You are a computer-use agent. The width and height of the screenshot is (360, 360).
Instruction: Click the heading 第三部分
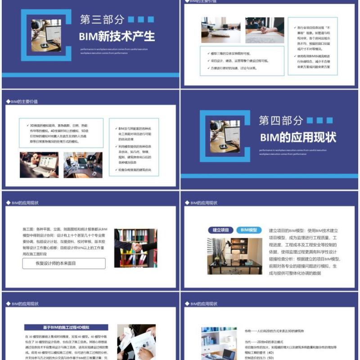pos(102,19)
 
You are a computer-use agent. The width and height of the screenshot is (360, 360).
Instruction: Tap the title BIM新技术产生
pos(117,36)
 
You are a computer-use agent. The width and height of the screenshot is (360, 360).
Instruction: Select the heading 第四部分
pos(281,120)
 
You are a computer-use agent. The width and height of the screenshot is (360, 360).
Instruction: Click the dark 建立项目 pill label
pos(220,230)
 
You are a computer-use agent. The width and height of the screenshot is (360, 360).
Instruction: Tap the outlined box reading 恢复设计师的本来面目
pos(64,263)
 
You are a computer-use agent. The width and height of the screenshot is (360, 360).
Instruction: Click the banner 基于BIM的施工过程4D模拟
pos(66,327)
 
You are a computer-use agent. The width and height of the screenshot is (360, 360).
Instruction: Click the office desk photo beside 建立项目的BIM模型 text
pos(234,256)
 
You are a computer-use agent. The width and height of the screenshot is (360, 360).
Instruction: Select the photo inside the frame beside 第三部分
pos(46,35)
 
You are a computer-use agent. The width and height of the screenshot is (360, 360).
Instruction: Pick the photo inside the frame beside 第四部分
pos(225,136)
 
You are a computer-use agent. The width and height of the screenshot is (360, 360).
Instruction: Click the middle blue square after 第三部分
pos(140,19)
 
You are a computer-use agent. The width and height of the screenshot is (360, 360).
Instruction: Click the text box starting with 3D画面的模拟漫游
pos(61,133)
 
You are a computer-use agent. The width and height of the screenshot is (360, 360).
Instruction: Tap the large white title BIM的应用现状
pos(298,137)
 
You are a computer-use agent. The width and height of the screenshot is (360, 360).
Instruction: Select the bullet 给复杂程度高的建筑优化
pos(133,170)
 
